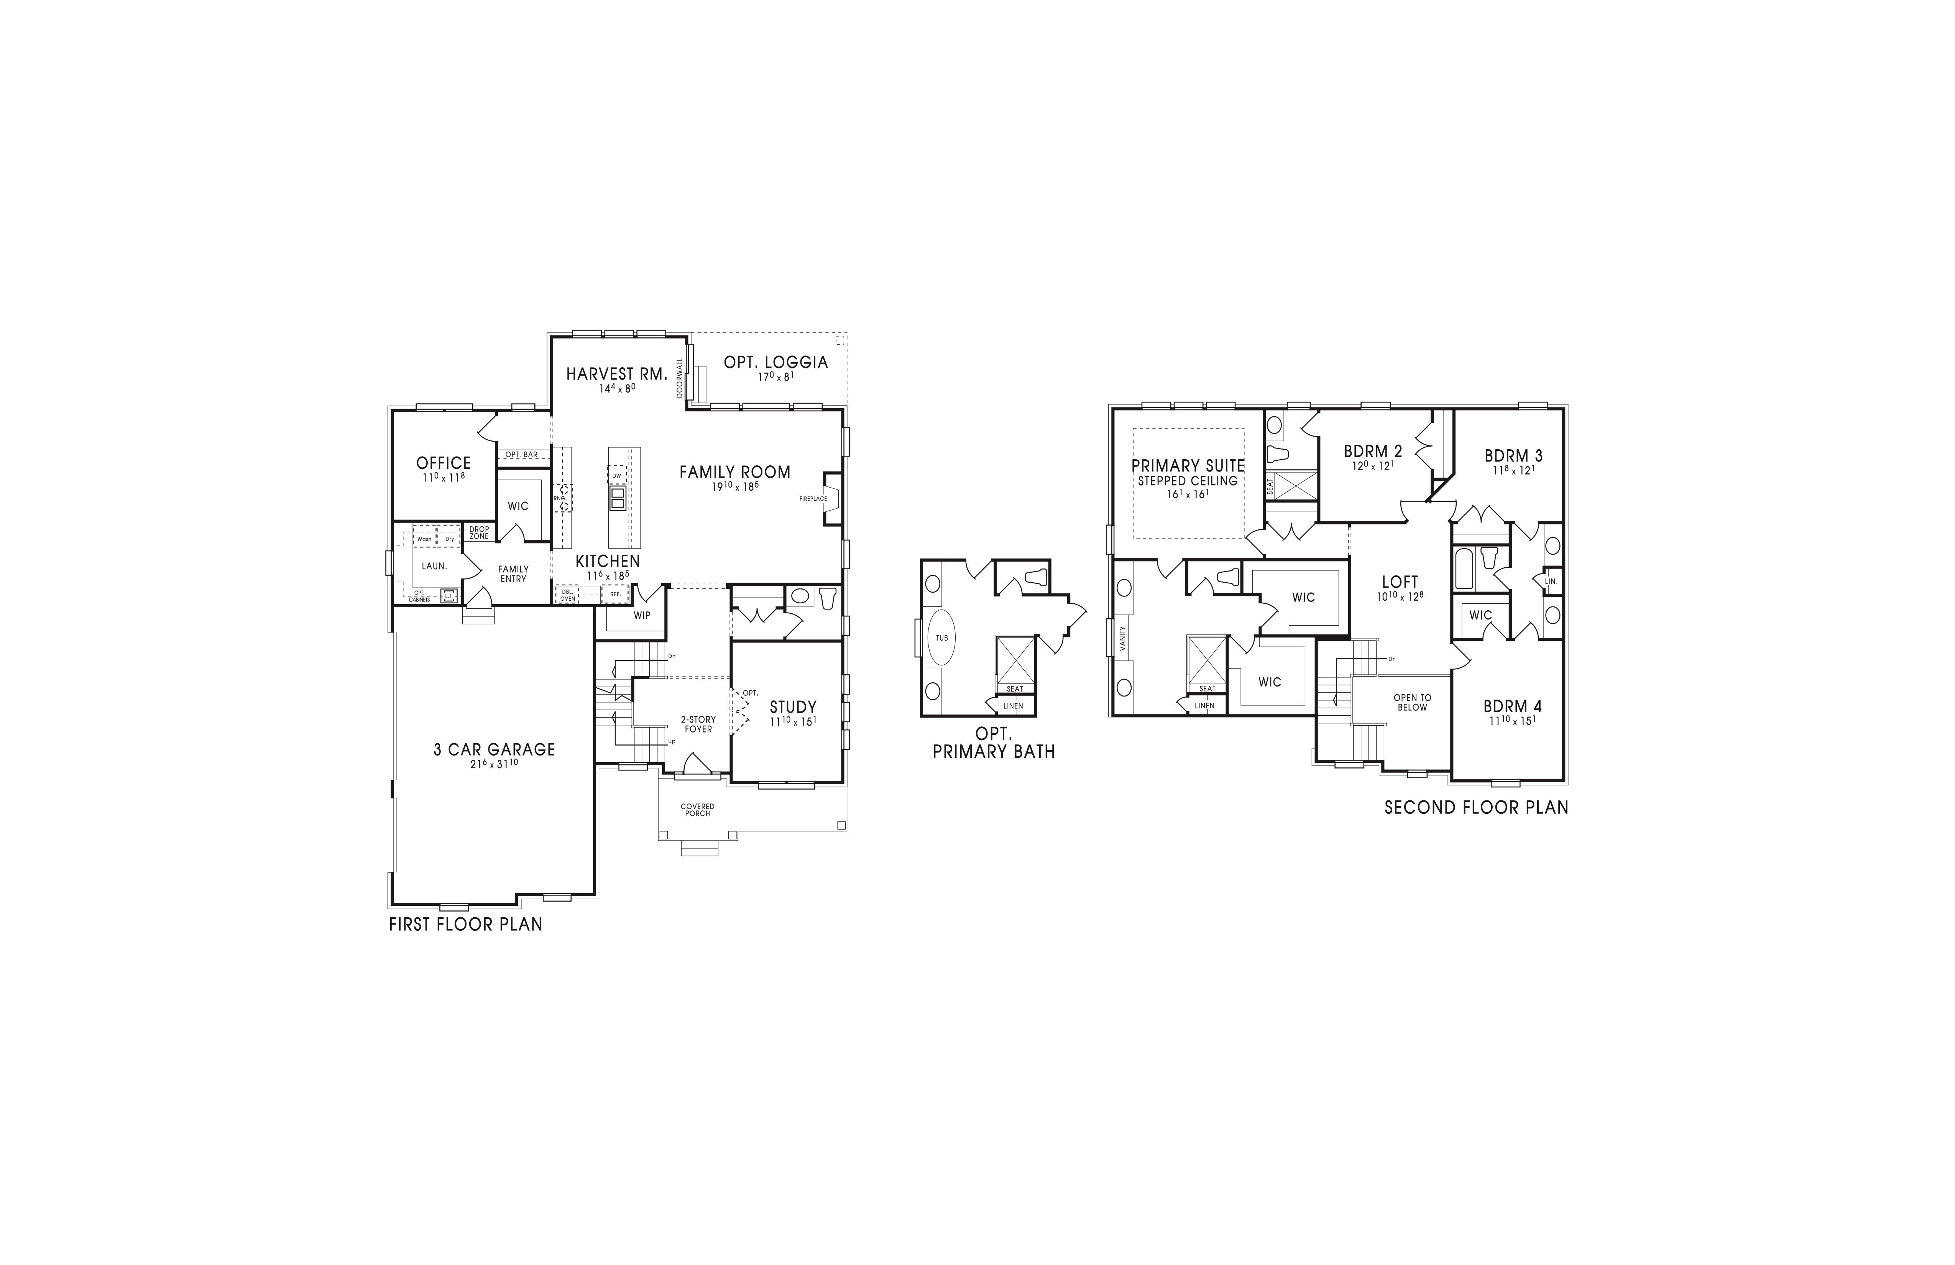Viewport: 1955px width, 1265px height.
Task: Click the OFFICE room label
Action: [444, 463]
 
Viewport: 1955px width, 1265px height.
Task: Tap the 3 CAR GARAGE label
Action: [495, 749]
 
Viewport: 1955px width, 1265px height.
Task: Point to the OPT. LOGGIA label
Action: [775, 362]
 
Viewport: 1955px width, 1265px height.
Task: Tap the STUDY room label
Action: [793, 706]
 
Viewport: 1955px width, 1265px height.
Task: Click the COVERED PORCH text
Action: [697, 810]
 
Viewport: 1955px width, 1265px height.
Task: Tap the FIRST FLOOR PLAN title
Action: [466, 924]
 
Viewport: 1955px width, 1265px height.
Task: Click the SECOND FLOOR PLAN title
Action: [1476, 807]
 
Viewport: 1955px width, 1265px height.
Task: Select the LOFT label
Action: [1400, 582]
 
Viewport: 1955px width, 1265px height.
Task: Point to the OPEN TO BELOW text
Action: [1412, 702]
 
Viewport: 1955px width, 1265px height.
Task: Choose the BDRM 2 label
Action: [1373, 451]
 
